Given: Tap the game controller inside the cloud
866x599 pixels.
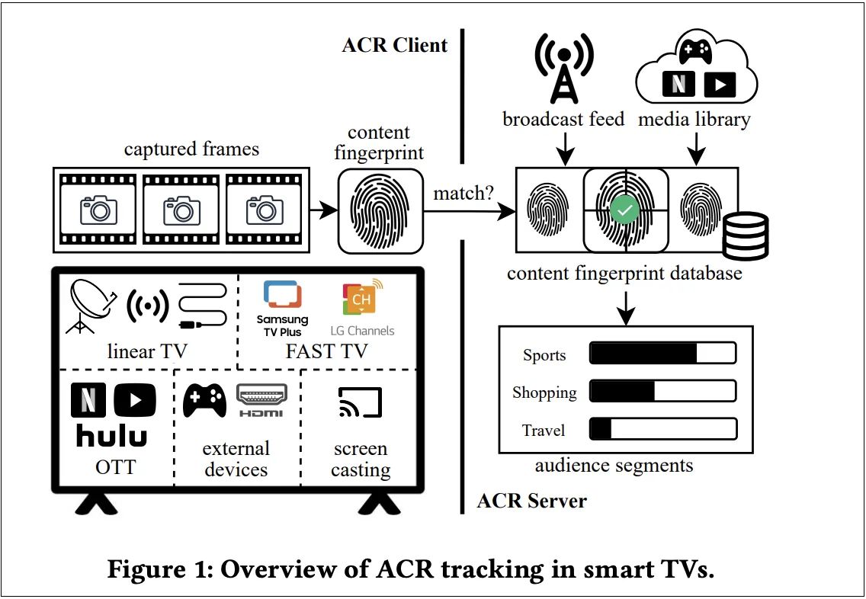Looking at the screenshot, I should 696,52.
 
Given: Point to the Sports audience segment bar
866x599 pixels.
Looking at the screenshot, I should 662,354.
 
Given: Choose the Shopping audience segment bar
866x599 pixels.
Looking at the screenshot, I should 662,391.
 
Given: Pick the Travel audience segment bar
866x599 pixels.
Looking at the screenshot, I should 662,428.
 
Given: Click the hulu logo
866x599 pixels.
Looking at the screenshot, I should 112,435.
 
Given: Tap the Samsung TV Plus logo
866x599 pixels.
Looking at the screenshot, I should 282,309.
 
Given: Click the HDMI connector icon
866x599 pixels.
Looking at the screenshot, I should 261,400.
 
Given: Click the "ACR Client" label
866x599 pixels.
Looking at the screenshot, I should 395,44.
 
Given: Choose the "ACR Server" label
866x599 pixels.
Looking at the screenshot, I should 531,501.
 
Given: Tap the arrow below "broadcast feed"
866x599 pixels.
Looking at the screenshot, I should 564,149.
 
